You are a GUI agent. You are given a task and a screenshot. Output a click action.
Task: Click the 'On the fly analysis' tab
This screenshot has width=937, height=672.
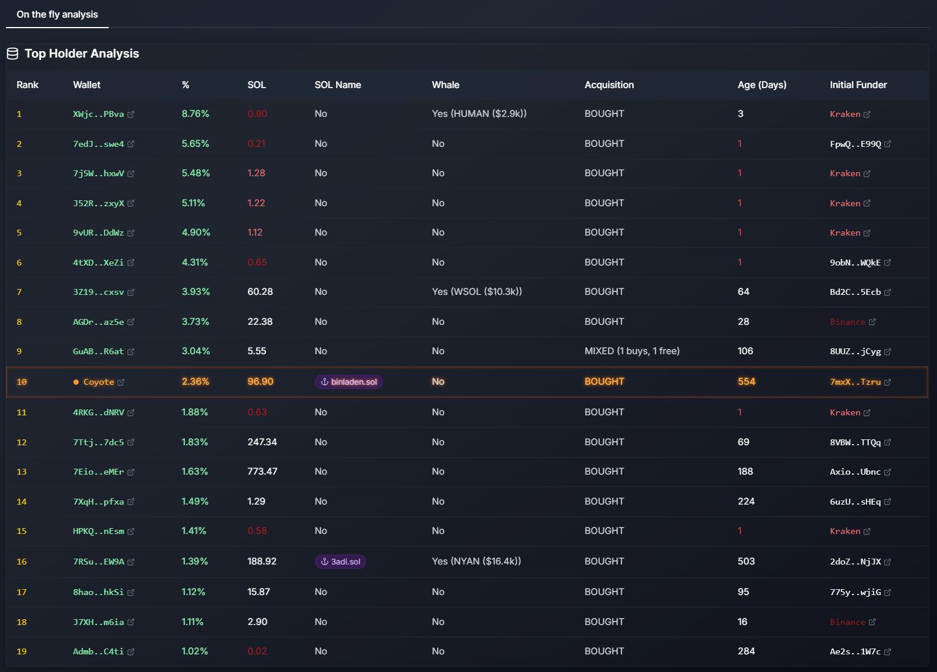click(x=57, y=15)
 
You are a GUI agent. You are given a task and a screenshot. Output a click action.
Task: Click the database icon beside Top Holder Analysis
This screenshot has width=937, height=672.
click(x=12, y=54)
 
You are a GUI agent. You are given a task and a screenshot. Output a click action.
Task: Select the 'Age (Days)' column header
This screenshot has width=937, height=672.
click(x=761, y=85)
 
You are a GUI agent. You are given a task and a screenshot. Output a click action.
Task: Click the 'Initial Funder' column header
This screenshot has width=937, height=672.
click(x=858, y=85)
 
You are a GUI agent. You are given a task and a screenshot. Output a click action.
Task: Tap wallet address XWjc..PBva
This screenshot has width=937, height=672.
click(x=98, y=115)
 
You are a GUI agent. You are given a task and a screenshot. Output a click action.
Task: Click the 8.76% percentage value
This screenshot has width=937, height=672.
click(x=195, y=114)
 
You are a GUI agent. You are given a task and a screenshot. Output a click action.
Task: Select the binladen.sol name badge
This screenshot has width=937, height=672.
click(x=349, y=382)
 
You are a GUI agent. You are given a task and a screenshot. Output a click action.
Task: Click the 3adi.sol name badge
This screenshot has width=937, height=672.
click(x=340, y=562)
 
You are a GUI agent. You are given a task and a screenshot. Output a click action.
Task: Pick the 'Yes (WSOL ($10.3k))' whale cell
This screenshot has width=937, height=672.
click(x=476, y=292)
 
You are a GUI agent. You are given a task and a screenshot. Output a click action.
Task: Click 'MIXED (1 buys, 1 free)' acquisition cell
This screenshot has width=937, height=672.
click(x=632, y=351)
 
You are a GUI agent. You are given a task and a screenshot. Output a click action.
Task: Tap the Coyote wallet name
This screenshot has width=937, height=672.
click(x=99, y=382)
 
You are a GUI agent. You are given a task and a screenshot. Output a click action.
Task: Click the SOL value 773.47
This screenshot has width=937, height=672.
click(x=262, y=472)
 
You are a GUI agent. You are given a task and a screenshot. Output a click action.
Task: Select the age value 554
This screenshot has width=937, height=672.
click(x=746, y=382)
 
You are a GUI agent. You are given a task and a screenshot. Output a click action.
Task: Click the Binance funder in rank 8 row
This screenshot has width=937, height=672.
click(x=847, y=322)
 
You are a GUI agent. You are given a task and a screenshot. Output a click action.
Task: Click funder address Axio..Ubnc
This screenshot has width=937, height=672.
click(x=855, y=472)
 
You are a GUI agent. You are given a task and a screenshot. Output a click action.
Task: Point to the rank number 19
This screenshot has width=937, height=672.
click(x=22, y=651)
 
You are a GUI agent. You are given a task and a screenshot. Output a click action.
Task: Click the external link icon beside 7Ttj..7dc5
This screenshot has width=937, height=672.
click(x=131, y=442)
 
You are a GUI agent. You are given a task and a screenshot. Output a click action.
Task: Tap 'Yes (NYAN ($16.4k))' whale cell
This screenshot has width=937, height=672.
click(x=476, y=562)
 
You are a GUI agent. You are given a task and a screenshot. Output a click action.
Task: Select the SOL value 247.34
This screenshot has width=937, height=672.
click(x=262, y=442)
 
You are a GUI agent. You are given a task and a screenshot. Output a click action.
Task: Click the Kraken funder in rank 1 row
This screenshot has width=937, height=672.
click(x=845, y=115)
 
